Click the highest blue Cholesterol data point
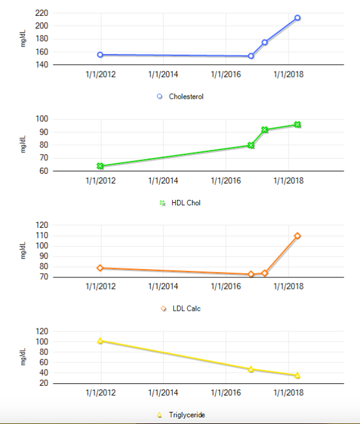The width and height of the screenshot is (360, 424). pyautogui.click(x=298, y=18)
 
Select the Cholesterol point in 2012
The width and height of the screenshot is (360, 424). pyautogui.click(x=100, y=55)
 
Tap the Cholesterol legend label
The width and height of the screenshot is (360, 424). pyautogui.click(x=186, y=96)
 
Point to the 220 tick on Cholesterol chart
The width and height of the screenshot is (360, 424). pyautogui.click(x=42, y=13)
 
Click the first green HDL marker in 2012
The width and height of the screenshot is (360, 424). pyautogui.click(x=100, y=166)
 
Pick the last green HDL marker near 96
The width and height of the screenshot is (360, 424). pyautogui.click(x=298, y=125)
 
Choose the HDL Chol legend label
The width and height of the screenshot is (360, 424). pyautogui.click(x=186, y=203)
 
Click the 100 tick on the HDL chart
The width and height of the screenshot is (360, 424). pyautogui.click(x=42, y=119)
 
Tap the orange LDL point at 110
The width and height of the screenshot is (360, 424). pyautogui.click(x=298, y=236)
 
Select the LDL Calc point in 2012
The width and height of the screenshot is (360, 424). pyautogui.click(x=100, y=268)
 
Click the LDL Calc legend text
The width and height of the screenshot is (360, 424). pyautogui.click(x=186, y=309)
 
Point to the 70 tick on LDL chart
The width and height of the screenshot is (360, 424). pyautogui.click(x=42, y=277)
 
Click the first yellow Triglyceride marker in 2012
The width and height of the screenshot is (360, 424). pyautogui.click(x=100, y=341)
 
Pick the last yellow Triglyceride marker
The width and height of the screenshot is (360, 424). pyautogui.click(x=298, y=376)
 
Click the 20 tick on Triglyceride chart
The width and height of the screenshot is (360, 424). pyautogui.click(x=42, y=383)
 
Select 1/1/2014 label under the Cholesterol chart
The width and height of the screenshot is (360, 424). pyautogui.click(x=163, y=75)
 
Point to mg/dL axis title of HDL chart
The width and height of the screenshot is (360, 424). pyautogui.click(x=24, y=145)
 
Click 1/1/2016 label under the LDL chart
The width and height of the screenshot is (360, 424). pyautogui.click(x=225, y=287)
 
